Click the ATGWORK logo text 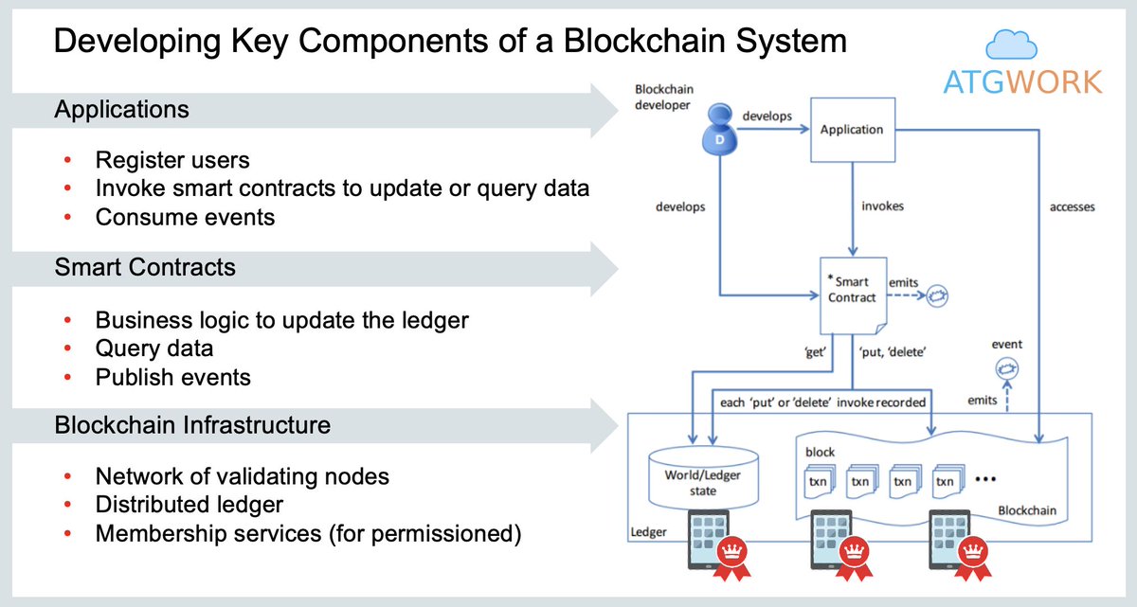click(1022, 82)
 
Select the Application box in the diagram click(851, 130)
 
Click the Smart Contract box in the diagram click(852, 289)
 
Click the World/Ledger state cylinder click(703, 478)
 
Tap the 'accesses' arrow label click(1072, 207)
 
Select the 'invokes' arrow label click(882, 206)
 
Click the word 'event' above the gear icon click(1006, 345)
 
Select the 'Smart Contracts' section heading click(145, 268)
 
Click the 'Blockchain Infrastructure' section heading click(192, 425)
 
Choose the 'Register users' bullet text click(172, 160)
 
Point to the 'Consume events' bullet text click(185, 217)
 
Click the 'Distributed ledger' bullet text click(189, 505)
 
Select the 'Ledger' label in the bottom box click(649, 532)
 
